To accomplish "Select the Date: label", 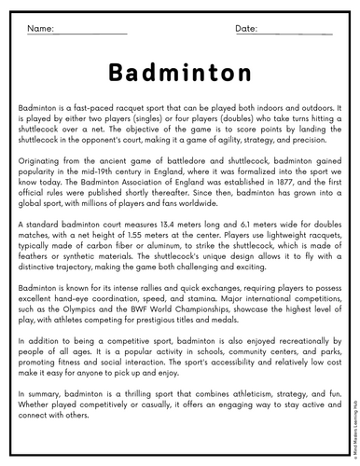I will [247, 30].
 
